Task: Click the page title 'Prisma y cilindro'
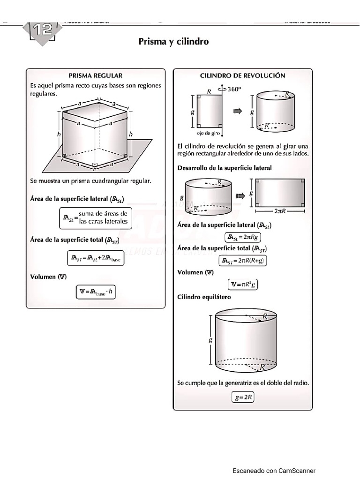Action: pyautogui.click(x=173, y=42)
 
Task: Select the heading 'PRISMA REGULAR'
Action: pyautogui.click(x=95, y=75)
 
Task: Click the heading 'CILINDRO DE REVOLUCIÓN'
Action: pyautogui.click(x=242, y=75)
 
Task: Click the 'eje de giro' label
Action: pyautogui.click(x=208, y=134)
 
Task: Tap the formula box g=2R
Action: pyautogui.click(x=244, y=397)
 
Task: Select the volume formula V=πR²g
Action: pyautogui.click(x=243, y=284)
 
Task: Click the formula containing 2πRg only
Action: pyautogui.click(x=243, y=237)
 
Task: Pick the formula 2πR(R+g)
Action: pyautogui.click(x=243, y=261)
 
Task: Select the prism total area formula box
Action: pyautogui.click(x=96, y=257)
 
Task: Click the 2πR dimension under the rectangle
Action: pyautogui.click(x=280, y=211)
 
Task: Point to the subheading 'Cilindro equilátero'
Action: pyautogui.click(x=204, y=297)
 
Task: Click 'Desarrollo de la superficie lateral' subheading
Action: pyautogui.click(x=225, y=168)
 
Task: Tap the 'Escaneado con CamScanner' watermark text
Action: pyautogui.click(x=274, y=471)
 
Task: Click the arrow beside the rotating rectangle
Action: pyautogui.click(x=238, y=111)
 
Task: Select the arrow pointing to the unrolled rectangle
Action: pyautogui.click(x=240, y=196)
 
